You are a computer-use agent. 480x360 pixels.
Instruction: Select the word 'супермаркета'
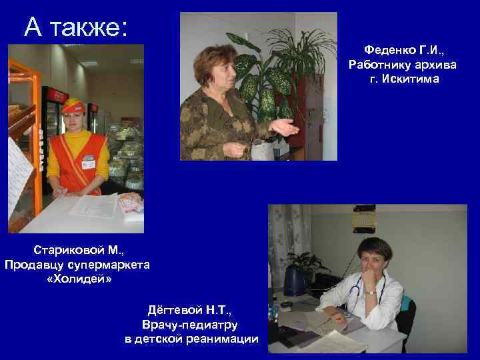[x=108, y=265]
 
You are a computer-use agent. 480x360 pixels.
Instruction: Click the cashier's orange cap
[x=73, y=105]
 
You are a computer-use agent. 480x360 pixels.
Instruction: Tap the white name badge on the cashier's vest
[x=88, y=162]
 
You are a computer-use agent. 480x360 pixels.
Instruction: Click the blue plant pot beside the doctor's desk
[x=294, y=281]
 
